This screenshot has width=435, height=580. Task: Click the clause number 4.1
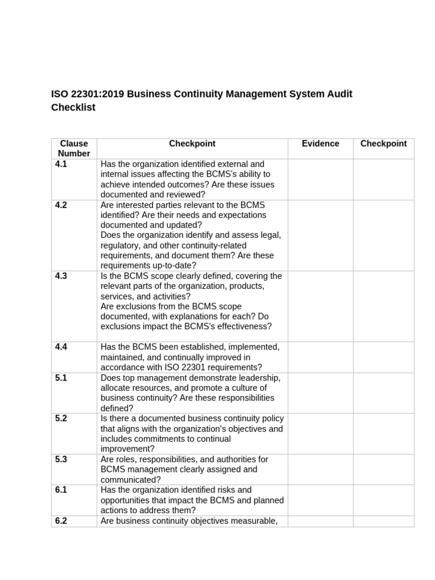pyautogui.click(x=61, y=164)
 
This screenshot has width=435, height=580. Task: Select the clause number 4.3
pyautogui.click(x=61, y=276)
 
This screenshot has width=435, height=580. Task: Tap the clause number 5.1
pyautogui.click(x=61, y=378)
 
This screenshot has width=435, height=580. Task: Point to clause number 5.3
pyautogui.click(x=61, y=459)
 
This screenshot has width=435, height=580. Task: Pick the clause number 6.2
pyautogui.click(x=61, y=521)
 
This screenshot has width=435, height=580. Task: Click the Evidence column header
pyautogui.click(x=321, y=144)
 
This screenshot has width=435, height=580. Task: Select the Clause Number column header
pyautogui.click(x=74, y=148)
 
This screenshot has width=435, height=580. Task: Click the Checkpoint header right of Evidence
pyautogui.click(x=383, y=144)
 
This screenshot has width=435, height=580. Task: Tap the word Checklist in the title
pyautogui.click(x=73, y=108)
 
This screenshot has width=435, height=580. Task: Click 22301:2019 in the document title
pyautogui.click(x=97, y=94)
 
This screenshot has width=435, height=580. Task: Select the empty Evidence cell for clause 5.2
pyautogui.click(x=321, y=434)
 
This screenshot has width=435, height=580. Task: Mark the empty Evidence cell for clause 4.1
pyautogui.click(x=321, y=180)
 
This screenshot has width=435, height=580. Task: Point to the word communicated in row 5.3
pyautogui.click(x=129, y=480)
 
